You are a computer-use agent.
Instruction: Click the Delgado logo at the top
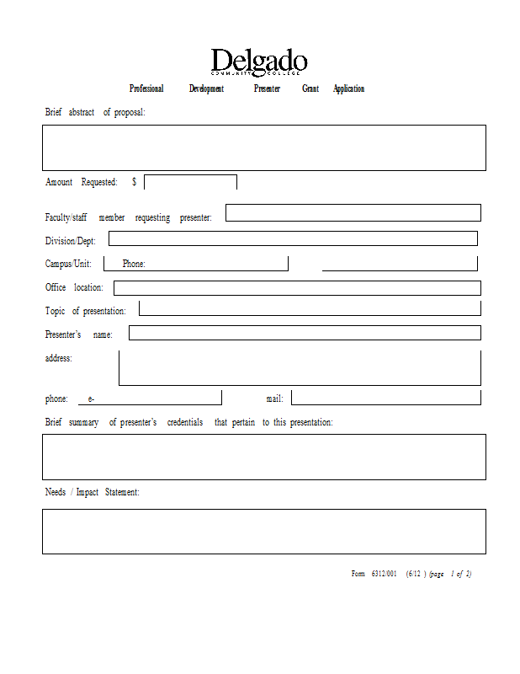[x=259, y=62]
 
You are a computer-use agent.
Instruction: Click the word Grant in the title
[x=310, y=88]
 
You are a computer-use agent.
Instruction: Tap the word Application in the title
[x=348, y=88]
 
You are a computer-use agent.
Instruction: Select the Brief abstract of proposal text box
[x=263, y=147]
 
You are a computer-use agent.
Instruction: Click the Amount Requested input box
[x=190, y=182]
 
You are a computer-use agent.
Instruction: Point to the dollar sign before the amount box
[x=134, y=182]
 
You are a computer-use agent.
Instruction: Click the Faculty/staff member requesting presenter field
[x=353, y=212]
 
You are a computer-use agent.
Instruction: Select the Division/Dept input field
[x=293, y=238]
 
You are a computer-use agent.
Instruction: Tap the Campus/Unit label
[x=68, y=264]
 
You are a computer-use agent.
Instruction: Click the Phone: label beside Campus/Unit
[x=134, y=264]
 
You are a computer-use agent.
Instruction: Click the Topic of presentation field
[x=310, y=308]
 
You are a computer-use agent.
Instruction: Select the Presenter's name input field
[x=305, y=333]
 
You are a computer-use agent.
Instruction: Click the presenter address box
[x=300, y=367]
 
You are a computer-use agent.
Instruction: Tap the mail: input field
[x=386, y=397]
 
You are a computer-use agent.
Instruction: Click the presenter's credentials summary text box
[x=263, y=457]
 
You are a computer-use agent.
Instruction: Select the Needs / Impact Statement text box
[x=263, y=531]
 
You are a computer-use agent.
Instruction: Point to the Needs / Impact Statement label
[x=92, y=492]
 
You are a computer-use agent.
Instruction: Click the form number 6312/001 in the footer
[x=384, y=574]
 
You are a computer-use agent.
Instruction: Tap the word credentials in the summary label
[x=185, y=422]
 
